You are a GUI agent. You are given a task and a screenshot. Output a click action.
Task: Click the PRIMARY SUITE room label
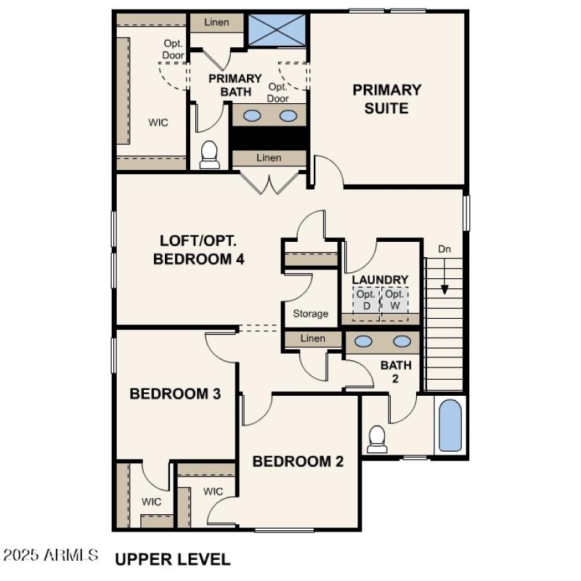point(387,99)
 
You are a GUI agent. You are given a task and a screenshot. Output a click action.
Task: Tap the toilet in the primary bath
point(209,154)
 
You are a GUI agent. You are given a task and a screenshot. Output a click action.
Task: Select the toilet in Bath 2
point(376,438)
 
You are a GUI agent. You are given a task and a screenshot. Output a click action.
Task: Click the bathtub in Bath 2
point(450,426)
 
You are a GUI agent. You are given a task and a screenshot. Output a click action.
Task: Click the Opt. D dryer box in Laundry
point(366,299)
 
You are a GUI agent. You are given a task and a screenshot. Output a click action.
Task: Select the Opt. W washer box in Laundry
point(394,299)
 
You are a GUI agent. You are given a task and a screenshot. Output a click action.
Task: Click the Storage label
point(311,314)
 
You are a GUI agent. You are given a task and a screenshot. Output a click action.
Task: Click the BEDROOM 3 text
point(175,394)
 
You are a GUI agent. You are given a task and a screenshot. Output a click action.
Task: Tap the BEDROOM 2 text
point(298,461)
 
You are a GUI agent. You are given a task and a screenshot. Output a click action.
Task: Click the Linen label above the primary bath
point(216,23)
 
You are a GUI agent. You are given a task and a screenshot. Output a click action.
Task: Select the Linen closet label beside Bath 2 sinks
point(312,339)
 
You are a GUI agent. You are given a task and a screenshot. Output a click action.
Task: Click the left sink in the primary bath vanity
point(252,115)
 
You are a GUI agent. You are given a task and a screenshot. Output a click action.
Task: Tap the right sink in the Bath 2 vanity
point(402,341)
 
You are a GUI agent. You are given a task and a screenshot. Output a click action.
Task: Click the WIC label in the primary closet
point(158,122)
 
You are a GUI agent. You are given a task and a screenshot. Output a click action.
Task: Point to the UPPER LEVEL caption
point(173,559)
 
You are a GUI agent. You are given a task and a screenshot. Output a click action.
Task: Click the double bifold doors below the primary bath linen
point(269,182)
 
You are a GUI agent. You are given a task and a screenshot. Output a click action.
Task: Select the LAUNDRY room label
point(380,280)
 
